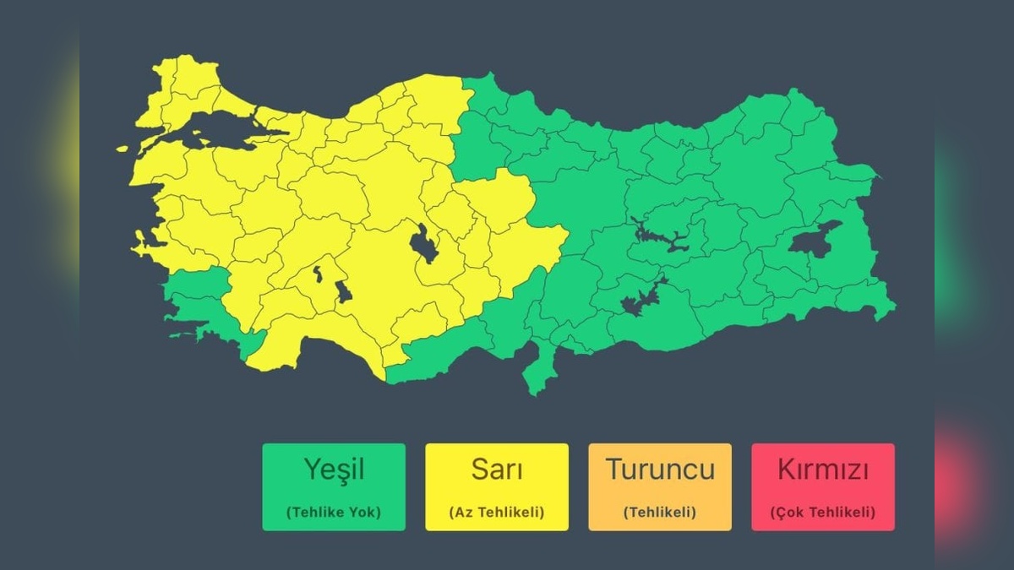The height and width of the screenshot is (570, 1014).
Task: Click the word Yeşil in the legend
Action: click(x=334, y=470)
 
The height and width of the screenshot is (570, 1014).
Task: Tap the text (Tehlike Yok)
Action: click(x=334, y=512)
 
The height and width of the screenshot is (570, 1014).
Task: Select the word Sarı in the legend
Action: click(x=497, y=470)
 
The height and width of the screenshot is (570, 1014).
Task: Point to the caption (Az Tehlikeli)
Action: click(x=497, y=512)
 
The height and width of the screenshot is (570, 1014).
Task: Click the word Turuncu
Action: click(x=660, y=470)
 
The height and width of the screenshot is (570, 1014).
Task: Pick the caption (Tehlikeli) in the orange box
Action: click(x=660, y=512)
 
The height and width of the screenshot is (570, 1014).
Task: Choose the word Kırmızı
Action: click(x=823, y=470)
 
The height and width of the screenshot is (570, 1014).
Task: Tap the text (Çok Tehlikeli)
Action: click(x=823, y=512)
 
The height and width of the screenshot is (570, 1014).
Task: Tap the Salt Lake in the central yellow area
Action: click(x=423, y=246)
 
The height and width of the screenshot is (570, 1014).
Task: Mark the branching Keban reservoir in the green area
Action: click(x=663, y=240)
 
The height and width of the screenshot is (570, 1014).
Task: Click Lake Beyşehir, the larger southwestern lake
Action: click(x=343, y=292)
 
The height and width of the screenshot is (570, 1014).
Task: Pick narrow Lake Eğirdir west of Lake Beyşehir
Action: click(x=318, y=274)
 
